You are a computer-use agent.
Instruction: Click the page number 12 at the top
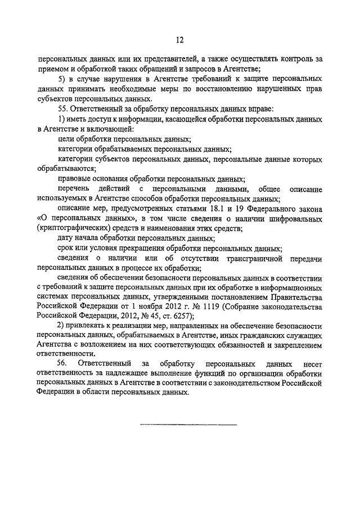pos(179,39)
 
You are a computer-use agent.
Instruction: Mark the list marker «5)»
pos(62,79)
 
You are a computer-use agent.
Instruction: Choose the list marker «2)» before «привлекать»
pos(62,326)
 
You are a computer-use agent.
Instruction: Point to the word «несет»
pos(312,364)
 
